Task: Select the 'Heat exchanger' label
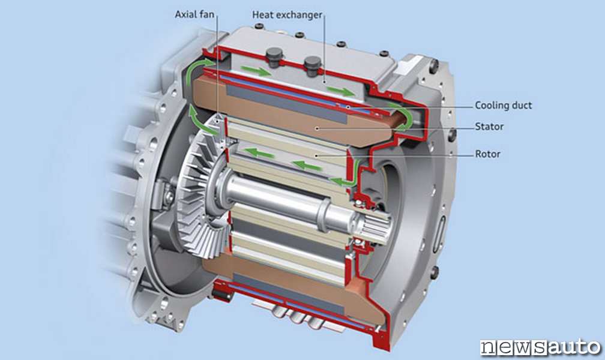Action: (287, 15)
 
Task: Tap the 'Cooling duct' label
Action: (503, 106)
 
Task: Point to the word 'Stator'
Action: (489, 127)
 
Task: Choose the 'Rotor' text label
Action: (488, 154)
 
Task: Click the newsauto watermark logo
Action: (540, 346)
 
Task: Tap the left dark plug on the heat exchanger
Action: (274, 57)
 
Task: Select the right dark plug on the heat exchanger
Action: (313, 65)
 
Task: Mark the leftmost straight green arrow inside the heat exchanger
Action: (255, 70)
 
